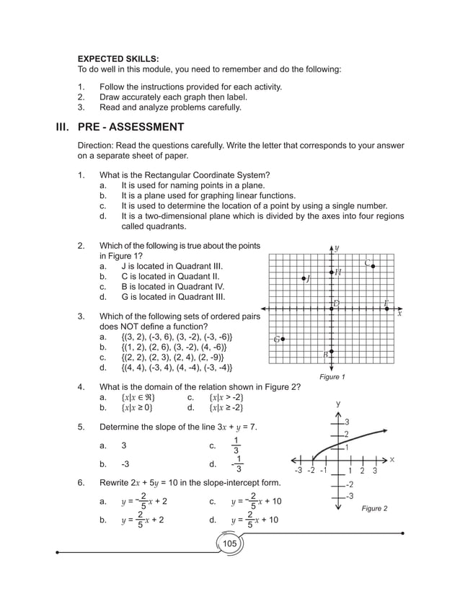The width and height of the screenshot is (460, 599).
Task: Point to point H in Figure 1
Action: click(332, 272)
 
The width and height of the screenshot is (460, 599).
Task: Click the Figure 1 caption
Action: click(332, 377)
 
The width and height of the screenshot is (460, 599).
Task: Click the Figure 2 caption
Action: click(374, 508)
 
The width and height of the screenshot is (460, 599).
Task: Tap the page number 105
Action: click(229, 543)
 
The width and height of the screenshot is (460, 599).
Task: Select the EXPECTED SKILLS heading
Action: click(118, 58)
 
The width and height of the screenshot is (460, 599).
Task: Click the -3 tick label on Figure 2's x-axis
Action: click(298, 471)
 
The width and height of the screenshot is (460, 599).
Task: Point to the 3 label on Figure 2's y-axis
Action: click(347, 421)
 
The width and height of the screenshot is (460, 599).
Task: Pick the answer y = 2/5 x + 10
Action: click(256, 520)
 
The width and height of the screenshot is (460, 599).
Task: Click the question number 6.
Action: click(81, 482)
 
